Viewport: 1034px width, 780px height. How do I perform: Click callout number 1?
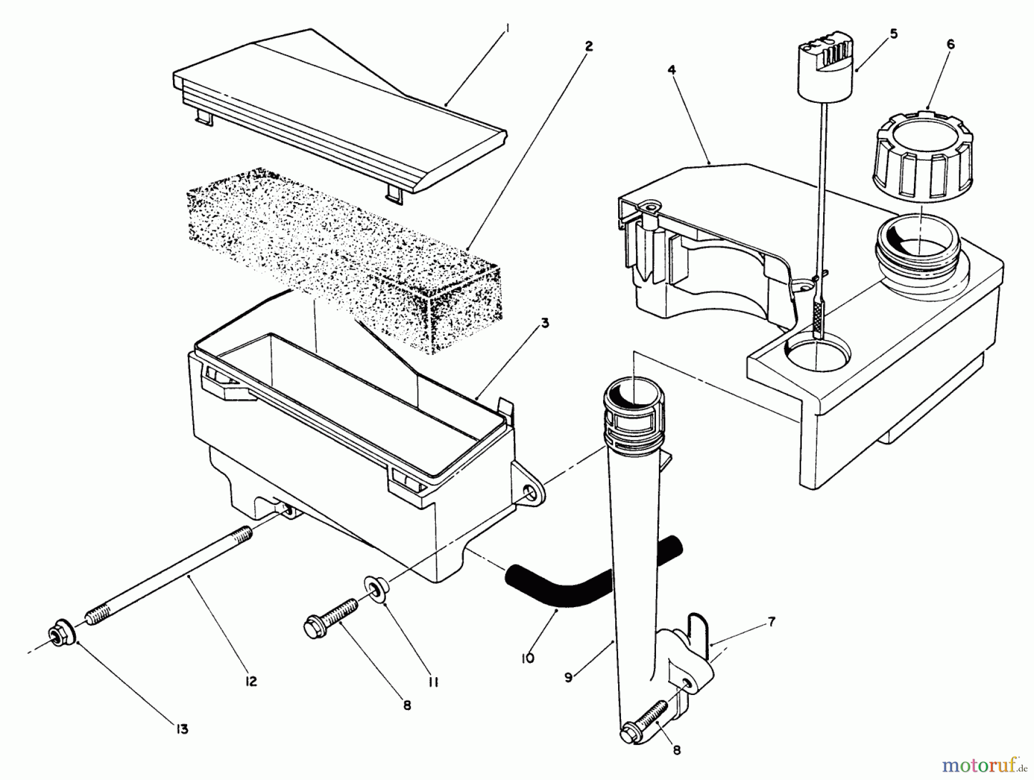(x=507, y=33)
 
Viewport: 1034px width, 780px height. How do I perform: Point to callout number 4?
(x=672, y=70)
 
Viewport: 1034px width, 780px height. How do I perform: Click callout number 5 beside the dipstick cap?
(x=893, y=34)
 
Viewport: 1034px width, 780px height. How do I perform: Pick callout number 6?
(x=950, y=44)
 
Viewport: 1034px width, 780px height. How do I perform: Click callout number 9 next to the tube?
(x=568, y=678)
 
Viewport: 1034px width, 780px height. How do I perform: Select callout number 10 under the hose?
(x=528, y=658)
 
